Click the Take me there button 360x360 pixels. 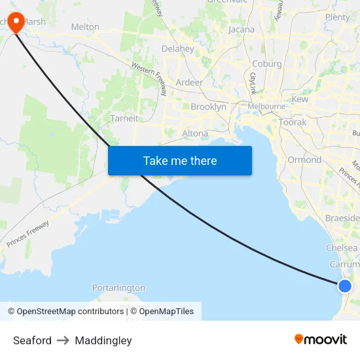[x=180, y=160]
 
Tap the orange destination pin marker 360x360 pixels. [x=14, y=21]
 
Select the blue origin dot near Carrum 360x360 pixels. [x=345, y=285]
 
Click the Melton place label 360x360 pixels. [x=85, y=27]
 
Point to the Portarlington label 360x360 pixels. [x=118, y=288]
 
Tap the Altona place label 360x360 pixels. [x=195, y=133]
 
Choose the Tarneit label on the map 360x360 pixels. [x=124, y=118]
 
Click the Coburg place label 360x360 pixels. [x=267, y=64]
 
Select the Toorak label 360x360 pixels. [x=292, y=122]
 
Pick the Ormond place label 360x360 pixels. [x=304, y=160]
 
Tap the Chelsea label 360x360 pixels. [x=342, y=248]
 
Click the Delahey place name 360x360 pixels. [x=178, y=48]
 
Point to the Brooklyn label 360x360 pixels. [x=208, y=107]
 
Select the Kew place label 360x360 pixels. [x=300, y=99]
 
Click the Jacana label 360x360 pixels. [x=242, y=29]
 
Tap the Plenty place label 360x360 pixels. [x=338, y=18]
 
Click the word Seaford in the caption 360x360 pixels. [x=32, y=340]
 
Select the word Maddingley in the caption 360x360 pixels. [x=103, y=340]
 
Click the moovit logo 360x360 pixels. [x=321, y=339]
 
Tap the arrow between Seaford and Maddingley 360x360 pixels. [x=63, y=340]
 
